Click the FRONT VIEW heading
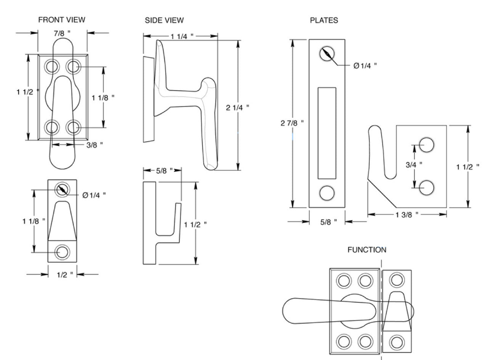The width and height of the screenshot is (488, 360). [61, 19]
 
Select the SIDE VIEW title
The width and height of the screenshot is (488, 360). [164, 20]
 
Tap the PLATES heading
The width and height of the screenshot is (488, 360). [324, 20]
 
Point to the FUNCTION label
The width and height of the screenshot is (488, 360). [367, 250]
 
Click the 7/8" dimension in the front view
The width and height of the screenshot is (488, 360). [63, 33]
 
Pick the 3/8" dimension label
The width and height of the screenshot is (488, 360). [95, 145]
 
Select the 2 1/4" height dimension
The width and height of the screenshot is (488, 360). [238, 107]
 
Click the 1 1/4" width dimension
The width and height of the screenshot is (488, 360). [182, 36]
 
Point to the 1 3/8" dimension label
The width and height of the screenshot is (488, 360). [407, 214]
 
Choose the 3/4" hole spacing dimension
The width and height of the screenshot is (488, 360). [414, 164]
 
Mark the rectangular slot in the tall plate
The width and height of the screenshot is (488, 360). [327, 133]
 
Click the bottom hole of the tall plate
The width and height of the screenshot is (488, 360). [327, 193]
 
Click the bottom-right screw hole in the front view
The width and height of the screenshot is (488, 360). [73, 126]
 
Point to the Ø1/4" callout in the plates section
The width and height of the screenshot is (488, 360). [365, 66]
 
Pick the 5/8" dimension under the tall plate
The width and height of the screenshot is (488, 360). [327, 222]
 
